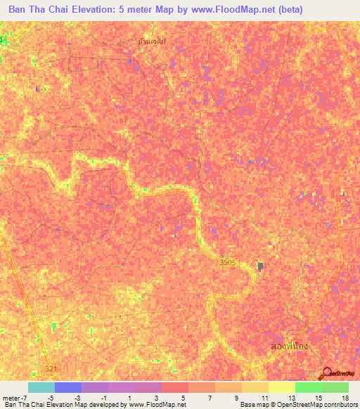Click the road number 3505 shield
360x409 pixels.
[226, 262]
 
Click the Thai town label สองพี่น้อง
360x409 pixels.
[289, 347]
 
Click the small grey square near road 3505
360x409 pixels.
[260, 266]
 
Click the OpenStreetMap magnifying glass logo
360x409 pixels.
[326, 372]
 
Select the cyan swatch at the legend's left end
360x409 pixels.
[41, 387]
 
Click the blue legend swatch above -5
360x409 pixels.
[68, 387]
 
